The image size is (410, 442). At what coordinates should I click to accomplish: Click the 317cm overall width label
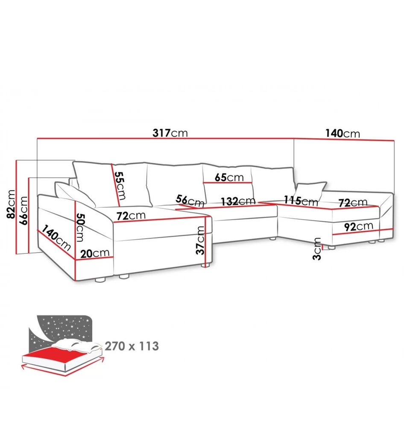coord(170,133)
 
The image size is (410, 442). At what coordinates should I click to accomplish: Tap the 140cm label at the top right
coord(343,133)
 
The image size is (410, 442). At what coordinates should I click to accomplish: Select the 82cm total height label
coord(11,204)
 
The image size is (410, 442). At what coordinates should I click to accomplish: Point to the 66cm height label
coord(23,211)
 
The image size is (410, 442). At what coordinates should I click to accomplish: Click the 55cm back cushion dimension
coord(120,186)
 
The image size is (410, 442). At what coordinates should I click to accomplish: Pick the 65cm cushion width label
coord(229,177)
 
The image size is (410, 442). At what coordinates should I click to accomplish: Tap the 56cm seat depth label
coord(190,201)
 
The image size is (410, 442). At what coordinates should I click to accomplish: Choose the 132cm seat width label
coord(238,201)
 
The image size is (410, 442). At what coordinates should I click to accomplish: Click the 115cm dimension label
coord(301,201)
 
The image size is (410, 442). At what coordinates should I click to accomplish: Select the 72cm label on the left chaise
coord(131,215)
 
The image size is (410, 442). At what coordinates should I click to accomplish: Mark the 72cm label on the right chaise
coord(353,202)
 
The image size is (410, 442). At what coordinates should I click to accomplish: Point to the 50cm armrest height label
coord(80,227)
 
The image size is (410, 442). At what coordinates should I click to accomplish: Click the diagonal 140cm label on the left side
coord(56,238)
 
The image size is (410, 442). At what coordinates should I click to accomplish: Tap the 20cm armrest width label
coord(95,253)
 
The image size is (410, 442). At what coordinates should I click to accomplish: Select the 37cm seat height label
coord(201,240)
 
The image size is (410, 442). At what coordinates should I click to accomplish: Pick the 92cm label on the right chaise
coord(359,226)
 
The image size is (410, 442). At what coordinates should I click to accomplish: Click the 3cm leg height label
coord(317,249)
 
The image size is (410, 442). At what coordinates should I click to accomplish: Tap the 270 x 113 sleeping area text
coord(132,346)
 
